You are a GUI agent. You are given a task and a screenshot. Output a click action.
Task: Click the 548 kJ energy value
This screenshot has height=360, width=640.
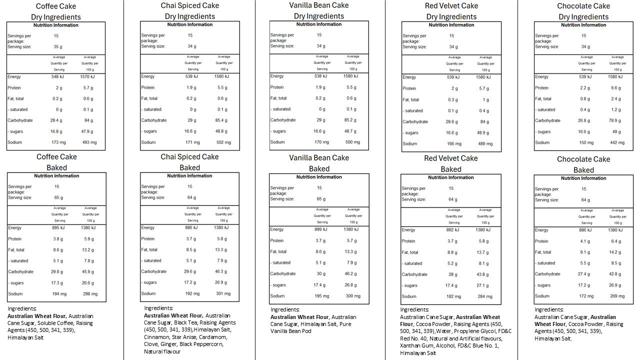(58, 77)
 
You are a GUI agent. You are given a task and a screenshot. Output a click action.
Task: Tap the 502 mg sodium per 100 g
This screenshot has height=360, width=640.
(223, 142)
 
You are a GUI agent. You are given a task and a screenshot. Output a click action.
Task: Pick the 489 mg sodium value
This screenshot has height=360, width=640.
(485, 144)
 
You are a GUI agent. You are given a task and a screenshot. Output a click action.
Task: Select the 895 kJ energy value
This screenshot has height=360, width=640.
(58, 228)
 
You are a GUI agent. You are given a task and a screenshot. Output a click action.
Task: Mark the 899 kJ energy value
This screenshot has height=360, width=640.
(321, 229)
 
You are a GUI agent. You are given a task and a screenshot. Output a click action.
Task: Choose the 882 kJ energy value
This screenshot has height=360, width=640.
(453, 230)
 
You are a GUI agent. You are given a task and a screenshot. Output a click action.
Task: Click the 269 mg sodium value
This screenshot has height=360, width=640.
(617, 296)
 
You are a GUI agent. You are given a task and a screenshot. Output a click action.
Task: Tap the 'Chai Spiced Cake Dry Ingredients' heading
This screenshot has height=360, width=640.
(190, 11)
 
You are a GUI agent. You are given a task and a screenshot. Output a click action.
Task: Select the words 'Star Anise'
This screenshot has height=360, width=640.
(185, 337)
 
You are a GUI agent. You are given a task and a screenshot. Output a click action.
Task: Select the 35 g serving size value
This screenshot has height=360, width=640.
(58, 46)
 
